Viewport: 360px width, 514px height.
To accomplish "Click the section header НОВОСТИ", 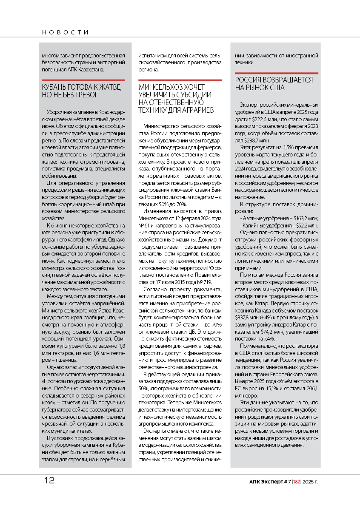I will click(x=65, y=32).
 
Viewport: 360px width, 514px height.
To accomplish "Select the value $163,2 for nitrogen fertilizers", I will click(x=302, y=218).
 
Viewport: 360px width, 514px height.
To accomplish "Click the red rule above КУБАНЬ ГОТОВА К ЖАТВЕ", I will click(x=83, y=80).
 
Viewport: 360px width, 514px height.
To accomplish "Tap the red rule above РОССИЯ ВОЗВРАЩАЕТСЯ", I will click(x=277, y=73).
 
